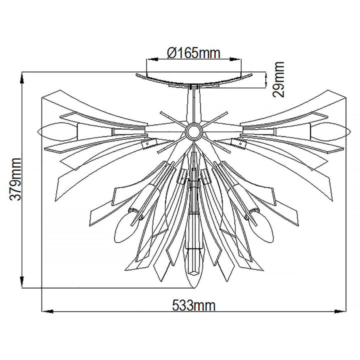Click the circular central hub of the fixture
(x=192, y=132)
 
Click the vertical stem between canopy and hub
(x=192, y=105)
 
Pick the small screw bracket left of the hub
(x=146, y=145)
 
